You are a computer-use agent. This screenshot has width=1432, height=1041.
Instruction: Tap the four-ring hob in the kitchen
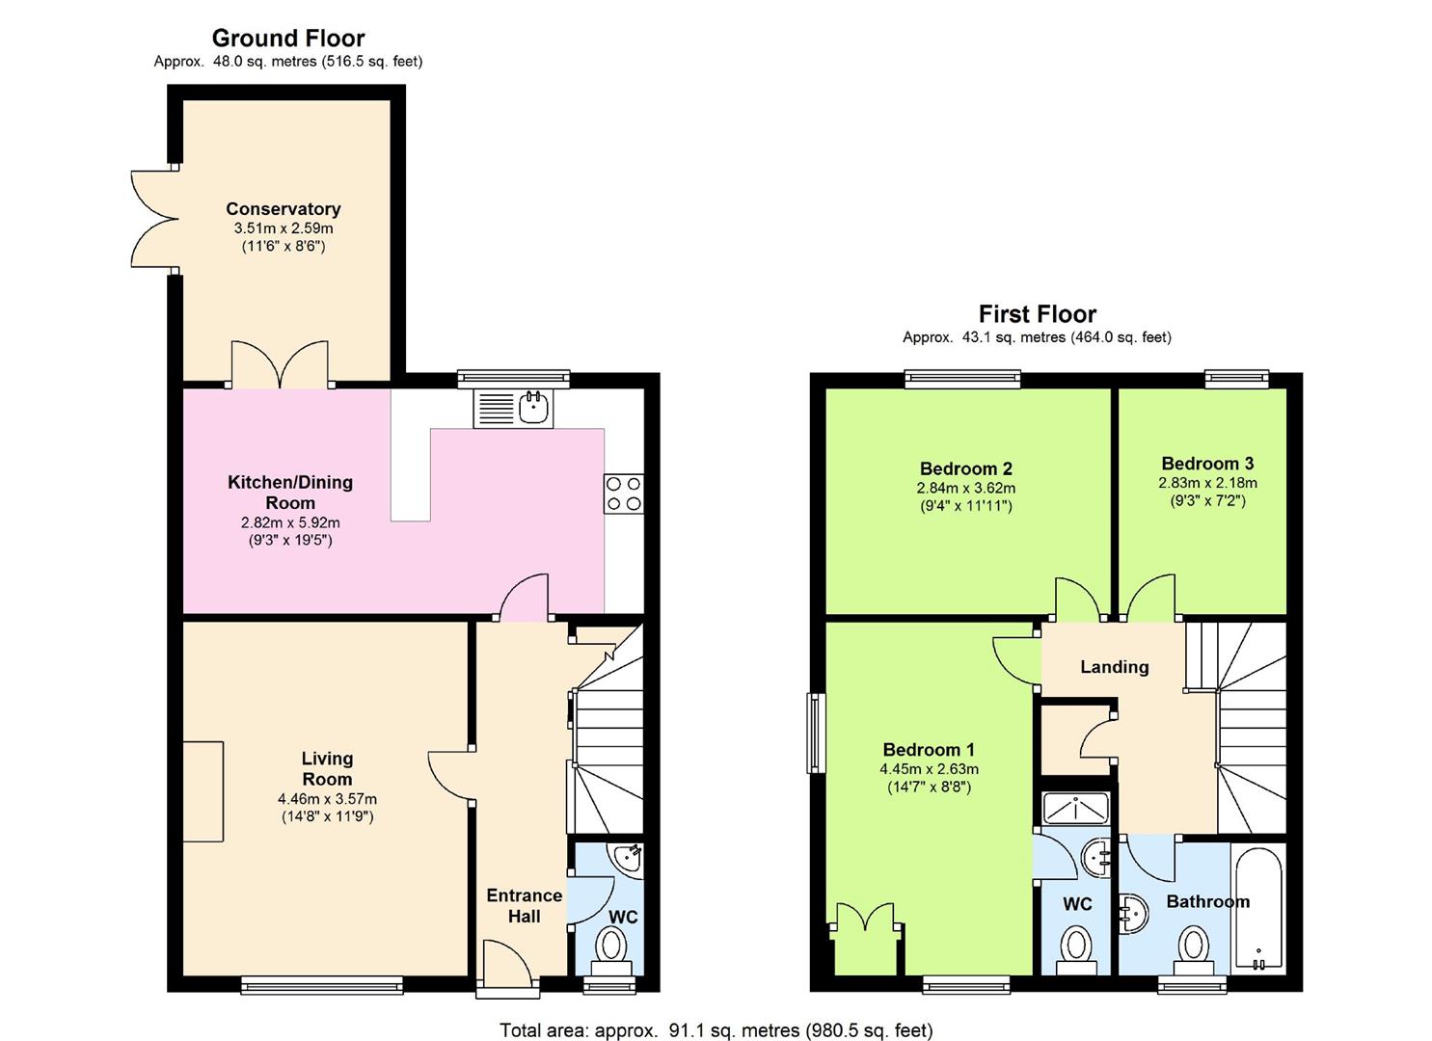pos(623,494)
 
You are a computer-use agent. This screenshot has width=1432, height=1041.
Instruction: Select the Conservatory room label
pos(283,209)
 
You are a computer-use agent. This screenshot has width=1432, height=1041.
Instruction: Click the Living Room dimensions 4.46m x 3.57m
pos(327,799)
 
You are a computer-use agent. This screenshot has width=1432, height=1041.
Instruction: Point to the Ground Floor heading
pos(288,39)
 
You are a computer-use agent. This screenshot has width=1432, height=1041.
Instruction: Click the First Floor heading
pos(1037,314)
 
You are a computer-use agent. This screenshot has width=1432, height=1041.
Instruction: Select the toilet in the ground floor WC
pos(609,946)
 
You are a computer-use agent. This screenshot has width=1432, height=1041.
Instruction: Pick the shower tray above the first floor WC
pos(1076,809)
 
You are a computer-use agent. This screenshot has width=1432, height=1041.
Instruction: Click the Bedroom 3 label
pos(1207,464)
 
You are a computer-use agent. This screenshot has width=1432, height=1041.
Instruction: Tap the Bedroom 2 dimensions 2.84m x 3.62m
pos(965,489)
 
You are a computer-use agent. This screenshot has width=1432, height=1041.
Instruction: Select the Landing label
pos(1114,667)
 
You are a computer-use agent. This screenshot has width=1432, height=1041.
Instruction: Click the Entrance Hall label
pos(524,906)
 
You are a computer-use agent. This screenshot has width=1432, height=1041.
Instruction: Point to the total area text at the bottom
pos(716,1030)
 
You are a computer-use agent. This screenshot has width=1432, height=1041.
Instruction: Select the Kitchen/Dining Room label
pos(290,492)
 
